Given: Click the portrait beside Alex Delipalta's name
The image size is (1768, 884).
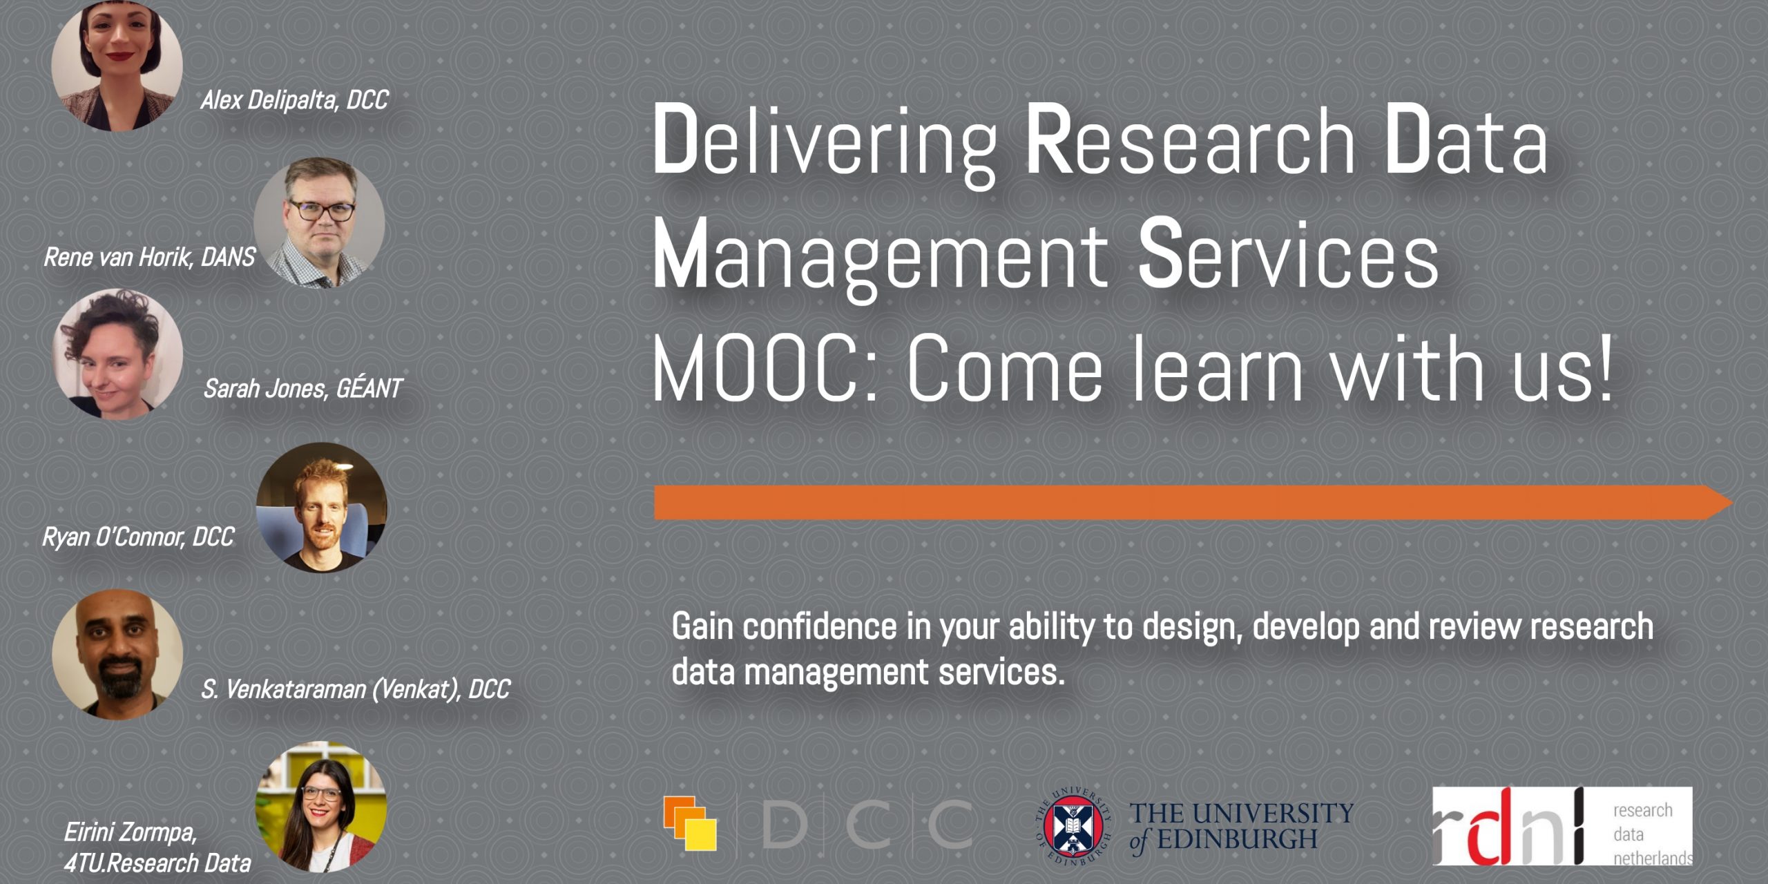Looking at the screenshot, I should [117, 66].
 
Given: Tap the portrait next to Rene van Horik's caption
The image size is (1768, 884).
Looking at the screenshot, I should [319, 222].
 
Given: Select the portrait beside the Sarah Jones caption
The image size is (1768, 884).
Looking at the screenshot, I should [117, 354].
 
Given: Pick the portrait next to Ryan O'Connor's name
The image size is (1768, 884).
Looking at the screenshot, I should [321, 508].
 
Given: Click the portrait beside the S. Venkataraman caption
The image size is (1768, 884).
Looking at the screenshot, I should [117, 654].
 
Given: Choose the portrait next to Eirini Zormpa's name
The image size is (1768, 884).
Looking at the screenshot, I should [321, 807].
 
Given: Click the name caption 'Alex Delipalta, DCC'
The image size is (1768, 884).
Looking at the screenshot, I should [294, 101].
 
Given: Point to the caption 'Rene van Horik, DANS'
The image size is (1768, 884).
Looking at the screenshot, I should [149, 258].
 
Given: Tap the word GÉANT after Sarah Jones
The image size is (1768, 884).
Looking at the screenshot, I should [369, 389].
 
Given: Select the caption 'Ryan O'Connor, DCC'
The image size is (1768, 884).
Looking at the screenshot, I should [138, 537].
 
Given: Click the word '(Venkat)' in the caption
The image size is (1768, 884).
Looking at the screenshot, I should [416, 689].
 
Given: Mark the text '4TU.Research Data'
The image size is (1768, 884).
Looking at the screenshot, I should [157, 863].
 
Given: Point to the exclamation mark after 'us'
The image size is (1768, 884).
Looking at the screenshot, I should [1604, 366].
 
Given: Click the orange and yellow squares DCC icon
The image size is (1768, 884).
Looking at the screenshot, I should [689, 823].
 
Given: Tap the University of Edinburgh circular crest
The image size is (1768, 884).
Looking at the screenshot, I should [1073, 825].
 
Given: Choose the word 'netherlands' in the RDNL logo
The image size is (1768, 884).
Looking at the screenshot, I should [1652, 858].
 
